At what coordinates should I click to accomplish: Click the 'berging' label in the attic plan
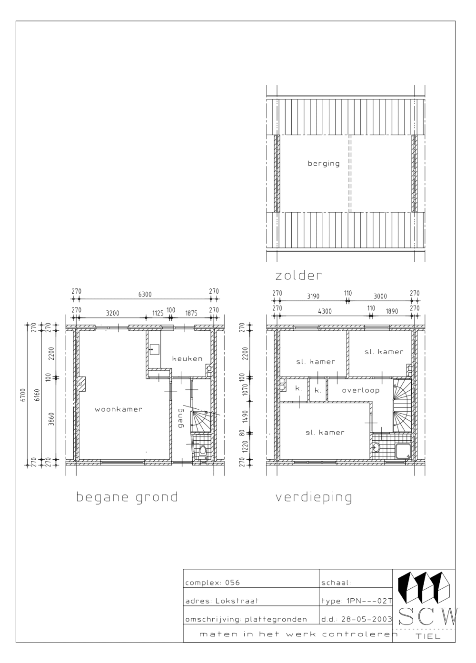coord(324,164)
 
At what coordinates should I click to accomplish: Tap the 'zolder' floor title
coord(298,275)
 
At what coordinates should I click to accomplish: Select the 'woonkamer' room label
coord(118,409)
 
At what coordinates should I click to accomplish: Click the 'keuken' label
coord(187,358)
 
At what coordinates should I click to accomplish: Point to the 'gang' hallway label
coord(180,417)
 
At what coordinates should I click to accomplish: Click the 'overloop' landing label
coord(360,390)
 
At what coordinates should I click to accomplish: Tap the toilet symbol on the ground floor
coord(202,450)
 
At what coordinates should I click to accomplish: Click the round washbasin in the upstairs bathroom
coord(377,447)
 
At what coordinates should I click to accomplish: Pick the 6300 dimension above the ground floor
coord(145,294)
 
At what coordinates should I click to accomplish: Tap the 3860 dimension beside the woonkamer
coord(52,417)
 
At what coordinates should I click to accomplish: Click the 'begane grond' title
coord(127,497)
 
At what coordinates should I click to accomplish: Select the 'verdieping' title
coord(314,497)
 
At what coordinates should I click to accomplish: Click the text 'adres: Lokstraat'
coord(222,601)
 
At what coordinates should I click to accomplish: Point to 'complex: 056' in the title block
coord(212,583)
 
